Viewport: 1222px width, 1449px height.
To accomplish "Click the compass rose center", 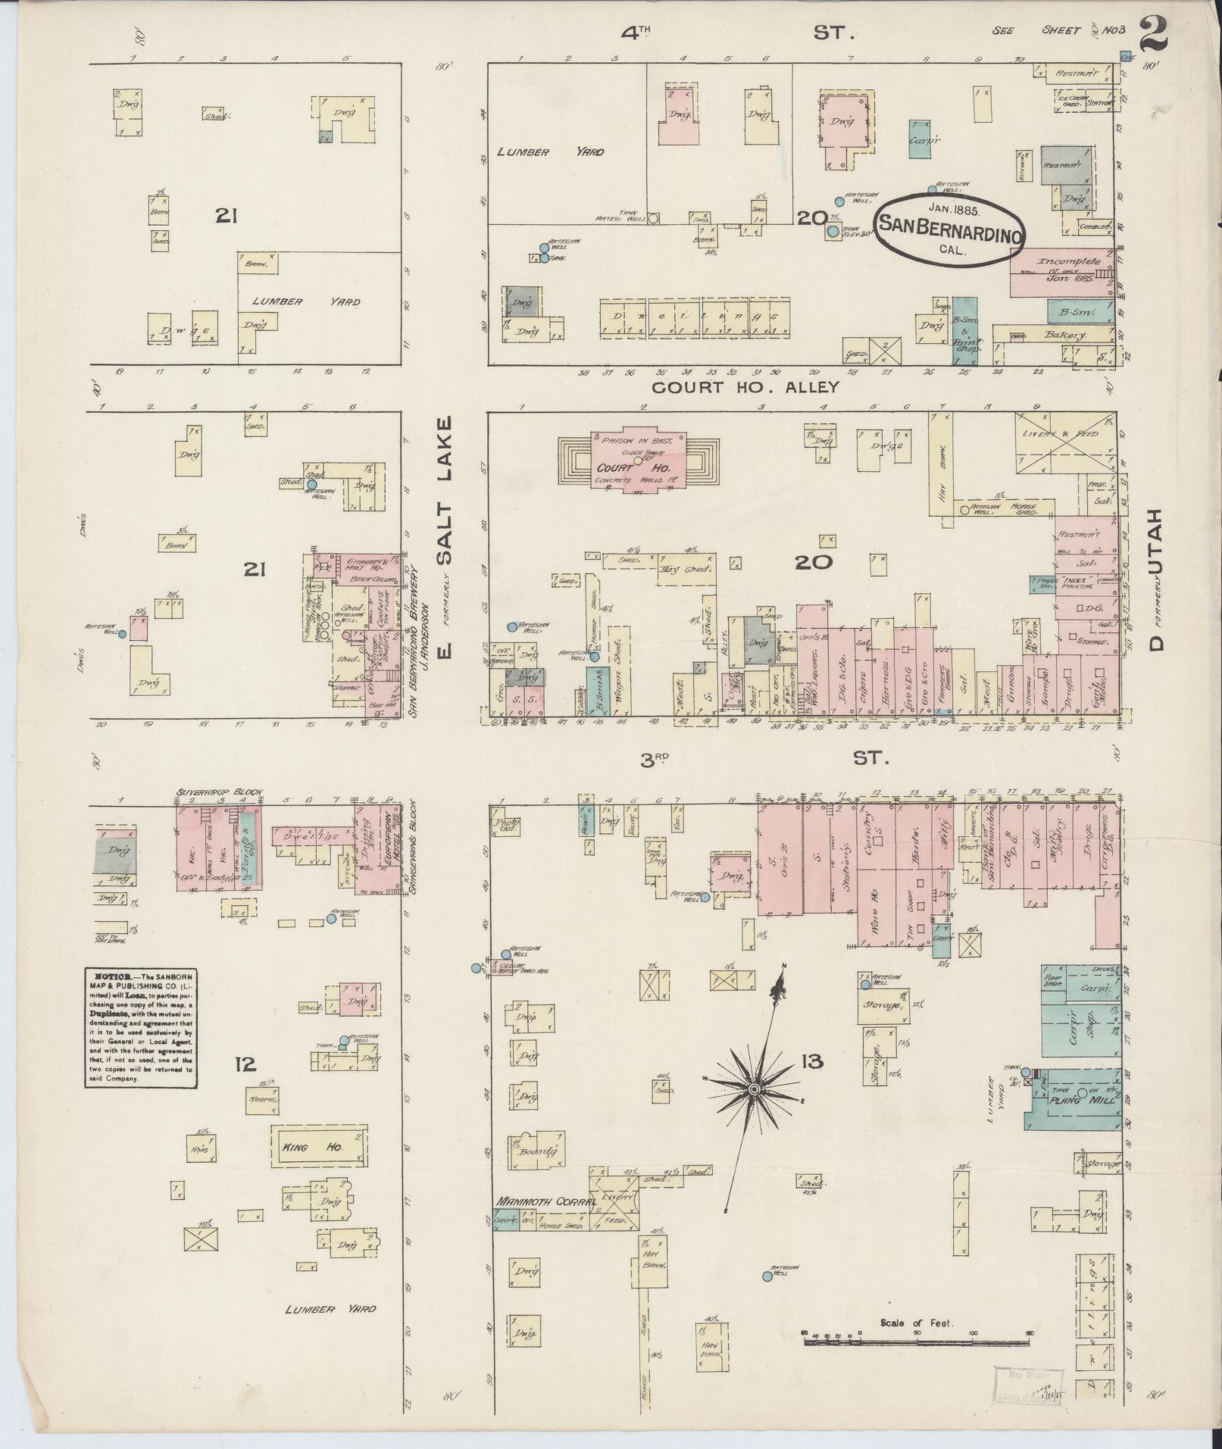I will coord(754,1088).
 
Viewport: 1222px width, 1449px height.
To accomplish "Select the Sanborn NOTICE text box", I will coord(139,1028).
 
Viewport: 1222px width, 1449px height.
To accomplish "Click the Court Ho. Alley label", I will coord(746,387).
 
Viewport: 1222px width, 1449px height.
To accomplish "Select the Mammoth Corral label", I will coord(537,1201).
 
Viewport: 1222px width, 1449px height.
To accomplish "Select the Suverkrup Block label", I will coord(220,792).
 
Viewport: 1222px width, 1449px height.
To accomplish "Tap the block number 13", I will coord(814,1062).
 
